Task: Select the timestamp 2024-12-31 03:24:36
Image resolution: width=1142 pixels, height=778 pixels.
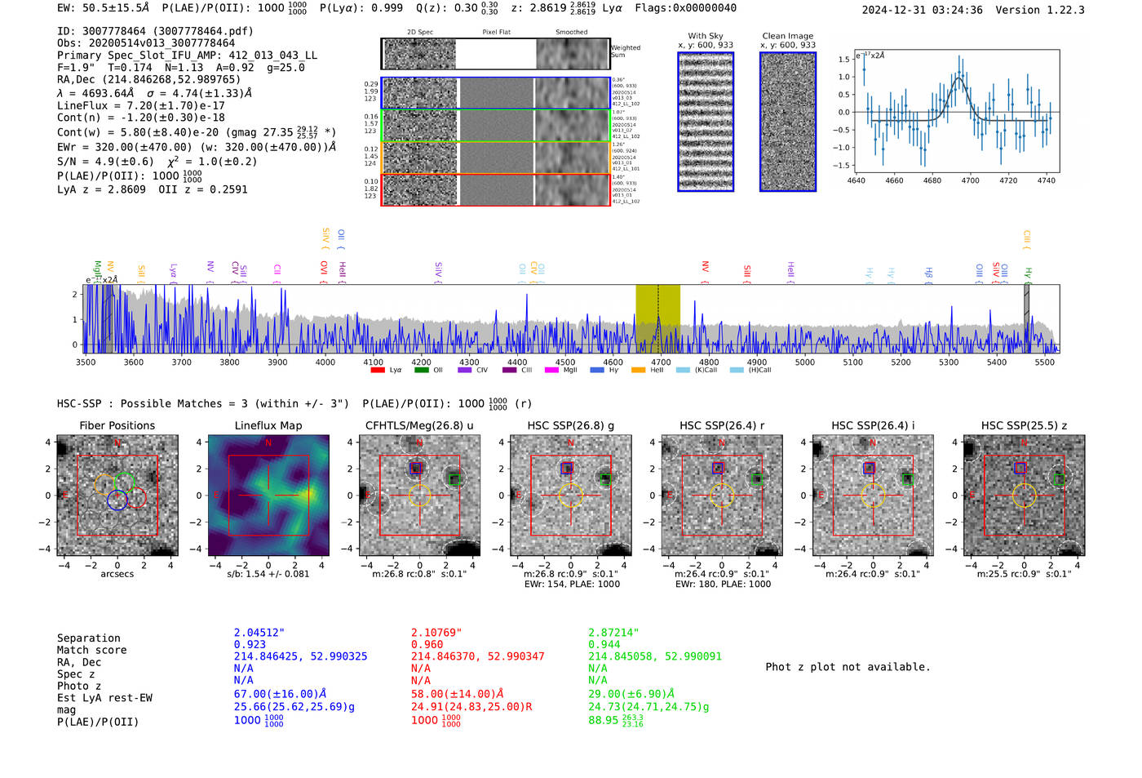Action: pyautogui.click(x=922, y=10)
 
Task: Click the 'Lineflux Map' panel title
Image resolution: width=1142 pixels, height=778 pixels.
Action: pyautogui.click(x=268, y=425)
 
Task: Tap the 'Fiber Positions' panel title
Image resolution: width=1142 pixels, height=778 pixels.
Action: pyautogui.click(x=117, y=425)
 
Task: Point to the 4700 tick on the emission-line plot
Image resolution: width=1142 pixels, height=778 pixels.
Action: pyautogui.click(x=970, y=180)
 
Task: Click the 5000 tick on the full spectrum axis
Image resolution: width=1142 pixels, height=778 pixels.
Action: pyautogui.click(x=804, y=362)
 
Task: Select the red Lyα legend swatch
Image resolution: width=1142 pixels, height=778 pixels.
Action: pyautogui.click(x=378, y=370)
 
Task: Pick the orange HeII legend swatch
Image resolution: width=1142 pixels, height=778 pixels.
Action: pyautogui.click(x=638, y=370)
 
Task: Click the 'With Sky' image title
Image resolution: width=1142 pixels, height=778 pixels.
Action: pyautogui.click(x=705, y=36)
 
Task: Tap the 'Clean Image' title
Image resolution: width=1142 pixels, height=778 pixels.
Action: pyautogui.click(x=787, y=36)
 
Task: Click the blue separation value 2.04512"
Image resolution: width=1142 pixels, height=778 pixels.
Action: pyautogui.click(x=259, y=633)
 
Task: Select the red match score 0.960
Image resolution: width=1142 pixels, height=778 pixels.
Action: pyautogui.click(x=427, y=644)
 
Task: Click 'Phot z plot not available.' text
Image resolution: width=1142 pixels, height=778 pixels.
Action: pyautogui.click(x=848, y=667)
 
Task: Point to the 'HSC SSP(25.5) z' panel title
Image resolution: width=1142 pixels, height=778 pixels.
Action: pyautogui.click(x=1024, y=425)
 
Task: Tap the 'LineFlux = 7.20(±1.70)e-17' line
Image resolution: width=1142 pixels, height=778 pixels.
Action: pyautogui.click(x=140, y=105)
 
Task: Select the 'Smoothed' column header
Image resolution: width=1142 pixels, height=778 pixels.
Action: pyautogui.click(x=571, y=33)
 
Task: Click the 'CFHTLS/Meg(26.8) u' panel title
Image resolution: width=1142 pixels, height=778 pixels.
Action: pyautogui.click(x=419, y=425)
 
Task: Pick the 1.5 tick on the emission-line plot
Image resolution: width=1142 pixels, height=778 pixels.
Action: pyautogui.click(x=843, y=60)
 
